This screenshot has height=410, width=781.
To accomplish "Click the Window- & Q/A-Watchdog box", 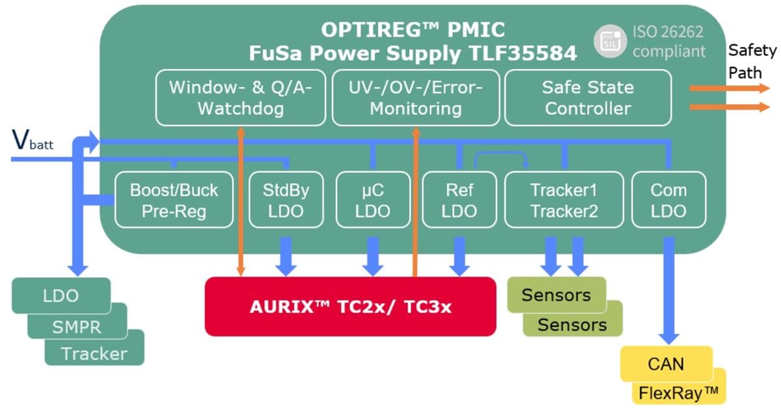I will click(x=240, y=98).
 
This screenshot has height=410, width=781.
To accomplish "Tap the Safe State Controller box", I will click(x=588, y=98).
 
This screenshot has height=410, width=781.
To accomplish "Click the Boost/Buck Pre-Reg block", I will click(x=174, y=200).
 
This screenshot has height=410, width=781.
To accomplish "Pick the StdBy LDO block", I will click(x=286, y=200).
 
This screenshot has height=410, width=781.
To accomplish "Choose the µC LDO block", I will click(x=373, y=200).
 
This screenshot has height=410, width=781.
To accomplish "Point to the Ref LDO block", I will click(x=459, y=200).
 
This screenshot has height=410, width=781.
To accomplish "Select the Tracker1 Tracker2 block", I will click(x=564, y=200).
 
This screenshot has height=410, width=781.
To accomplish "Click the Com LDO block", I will click(x=668, y=200).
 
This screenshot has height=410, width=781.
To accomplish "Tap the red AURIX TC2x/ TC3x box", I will click(x=350, y=306).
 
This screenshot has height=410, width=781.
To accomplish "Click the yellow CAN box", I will click(x=666, y=363).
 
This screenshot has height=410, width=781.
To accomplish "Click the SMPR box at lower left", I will click(x=77, y=326).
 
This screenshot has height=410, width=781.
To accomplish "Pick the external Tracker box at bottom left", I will click(x=94, y=353).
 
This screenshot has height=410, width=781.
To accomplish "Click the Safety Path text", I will click(x=752, y=60).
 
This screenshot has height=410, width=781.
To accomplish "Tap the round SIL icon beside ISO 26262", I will click(x=610, y=40).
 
